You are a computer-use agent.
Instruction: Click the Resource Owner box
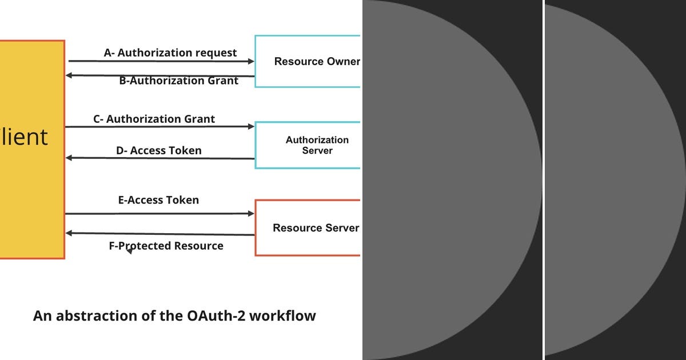tap(308, 61)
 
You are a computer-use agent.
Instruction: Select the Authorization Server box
tap(308, 145)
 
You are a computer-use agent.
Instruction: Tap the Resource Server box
tap(308, 227)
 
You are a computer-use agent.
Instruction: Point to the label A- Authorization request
tap(170, 53)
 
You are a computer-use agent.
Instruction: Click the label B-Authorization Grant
tap(178, 81)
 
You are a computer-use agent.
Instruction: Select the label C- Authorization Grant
tap(154, 119)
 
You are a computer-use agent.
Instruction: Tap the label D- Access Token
tap(158, 150)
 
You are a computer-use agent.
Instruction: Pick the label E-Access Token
tap(158, 199)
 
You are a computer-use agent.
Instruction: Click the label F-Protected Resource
tap(166, 246)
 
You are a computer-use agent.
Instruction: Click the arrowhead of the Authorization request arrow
tap(252, 61)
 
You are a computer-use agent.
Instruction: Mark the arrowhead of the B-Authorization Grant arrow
tap(69, 75)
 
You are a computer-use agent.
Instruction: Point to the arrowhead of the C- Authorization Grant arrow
tap(252, 126)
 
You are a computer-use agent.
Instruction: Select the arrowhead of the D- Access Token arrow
tap(69, 158)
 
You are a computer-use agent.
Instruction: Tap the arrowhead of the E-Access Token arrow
tap(252, 214)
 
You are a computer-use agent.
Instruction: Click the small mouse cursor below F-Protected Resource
tap(129, 251)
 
